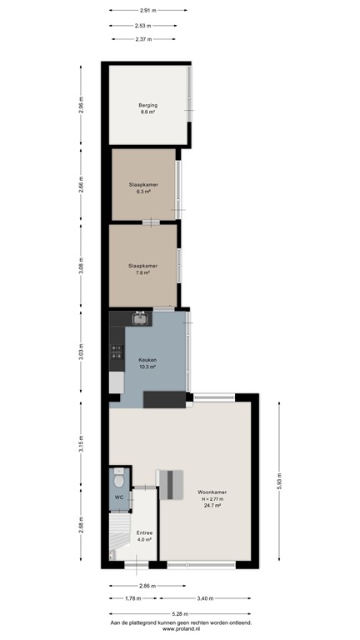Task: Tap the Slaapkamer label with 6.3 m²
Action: coord(143,187)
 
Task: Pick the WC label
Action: coord(119,497)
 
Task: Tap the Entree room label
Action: coord(143,535)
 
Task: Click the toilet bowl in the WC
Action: coord(119,480)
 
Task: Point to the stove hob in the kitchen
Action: coord(116,355)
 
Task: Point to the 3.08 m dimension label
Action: coord(80,268)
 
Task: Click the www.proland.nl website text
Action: coord(180,629)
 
